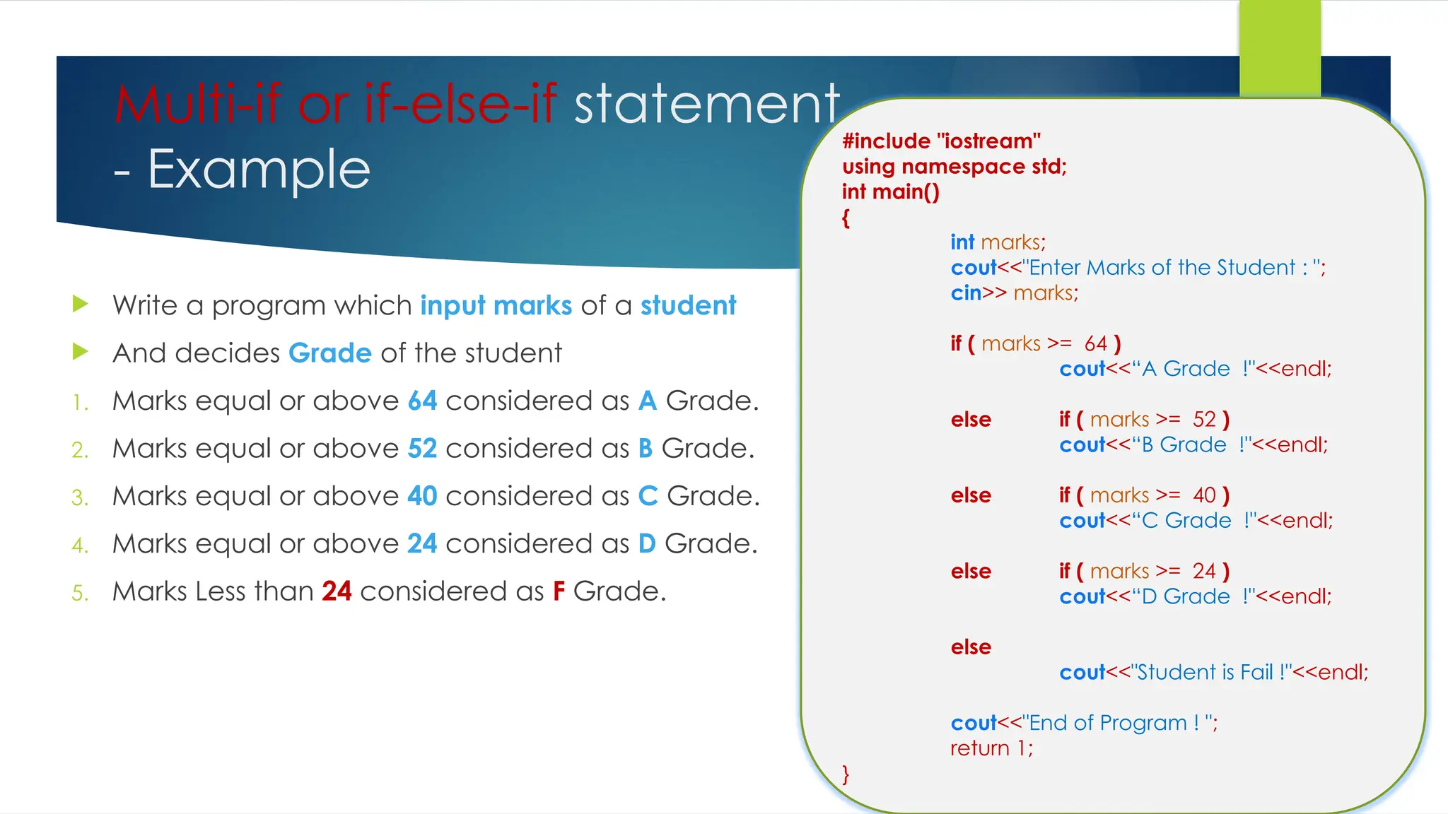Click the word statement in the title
point(706,105)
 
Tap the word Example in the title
point(259,170)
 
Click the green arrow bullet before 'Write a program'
point(81,305)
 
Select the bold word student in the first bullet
point(687,306)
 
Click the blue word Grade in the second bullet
point(329,353)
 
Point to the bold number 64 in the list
point(422,401)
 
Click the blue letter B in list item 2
point(645,449)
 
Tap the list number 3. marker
point(80,497)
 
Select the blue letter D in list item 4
point(646,544)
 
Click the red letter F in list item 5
point(559,591)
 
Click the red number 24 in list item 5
point(337,591)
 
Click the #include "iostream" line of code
point(941,141)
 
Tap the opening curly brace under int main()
point(846,218)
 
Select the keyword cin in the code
point(966,293)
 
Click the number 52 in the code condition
point(1204,420)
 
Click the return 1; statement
point(991,748)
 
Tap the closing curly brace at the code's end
point(846,774)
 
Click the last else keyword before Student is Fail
point(971,647)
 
